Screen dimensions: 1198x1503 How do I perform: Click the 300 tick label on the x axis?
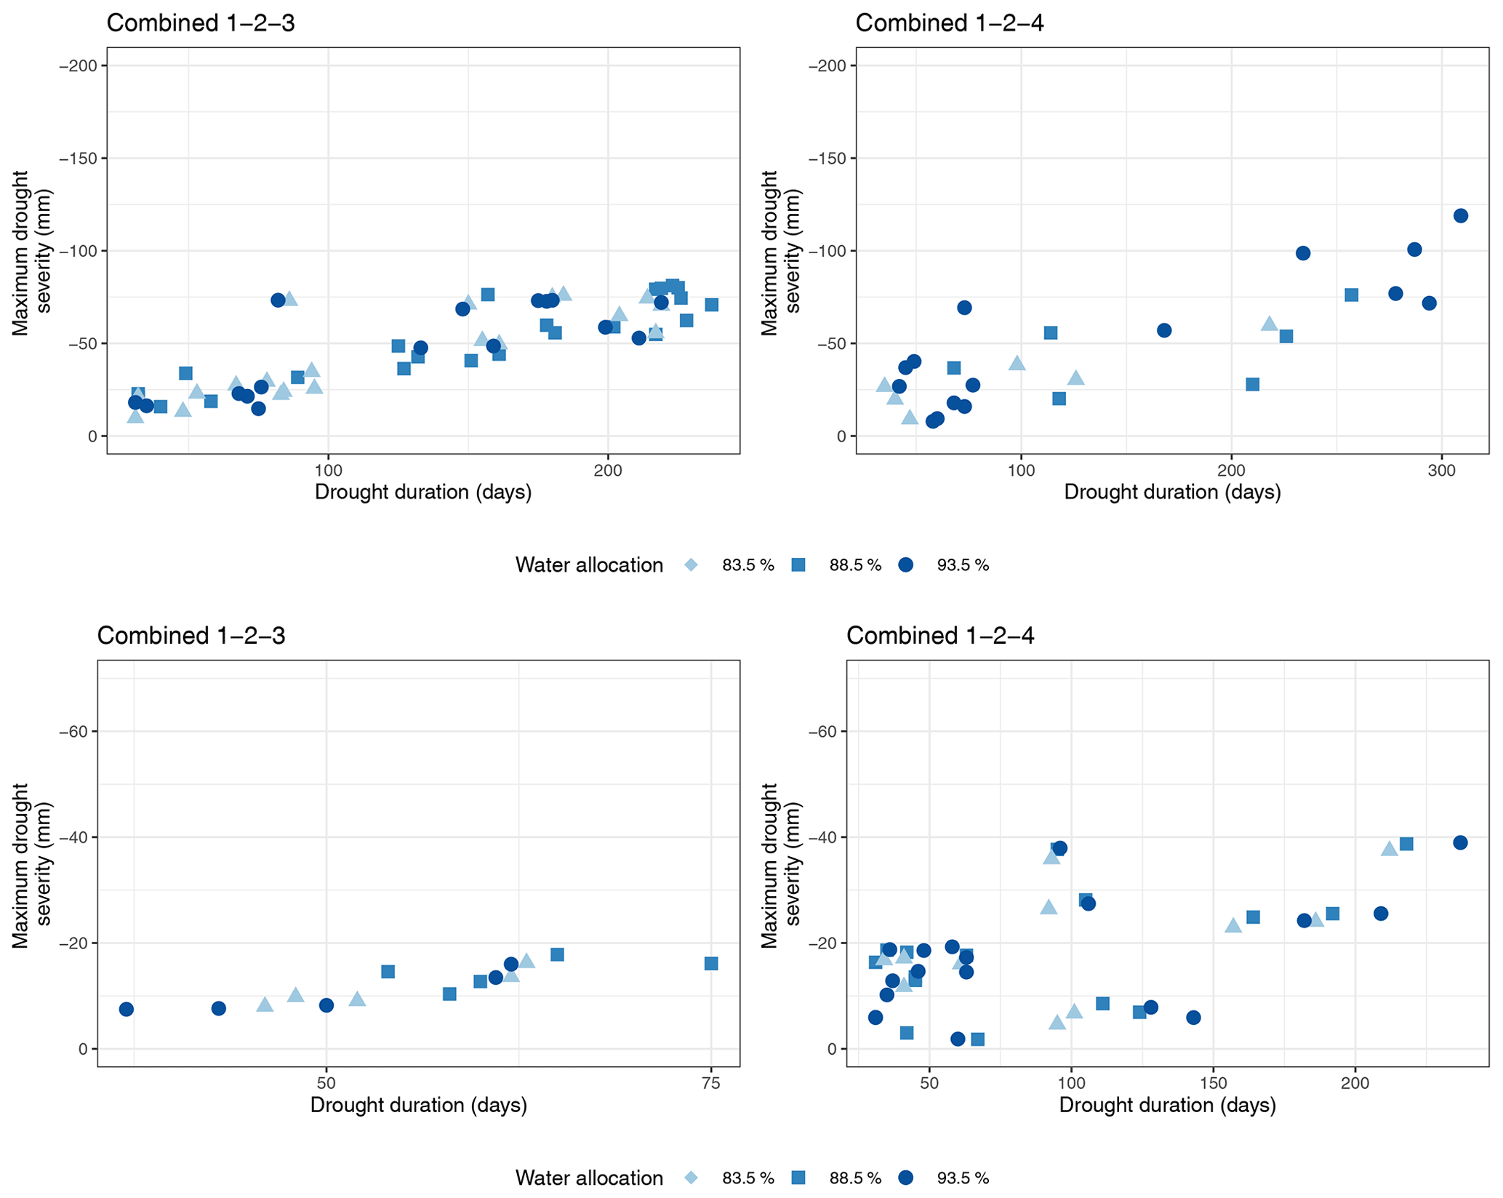(x=1441, y=471)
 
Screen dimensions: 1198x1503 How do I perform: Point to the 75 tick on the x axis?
(x=711, y=1084)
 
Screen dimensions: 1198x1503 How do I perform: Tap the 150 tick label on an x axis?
(x=1213, y=1084)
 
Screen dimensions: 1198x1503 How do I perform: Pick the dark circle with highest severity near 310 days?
(x=1460, y=216)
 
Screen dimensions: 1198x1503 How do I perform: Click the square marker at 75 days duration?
(x=711, y=964)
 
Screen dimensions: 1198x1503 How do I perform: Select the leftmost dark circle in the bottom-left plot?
(x=127, y=1010)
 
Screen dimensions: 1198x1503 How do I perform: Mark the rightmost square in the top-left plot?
(x=712, y=305)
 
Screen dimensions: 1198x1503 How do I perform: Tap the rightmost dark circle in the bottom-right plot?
(x=1460, y=843)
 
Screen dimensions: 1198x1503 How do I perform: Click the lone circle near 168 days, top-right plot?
(x=1164, y=330)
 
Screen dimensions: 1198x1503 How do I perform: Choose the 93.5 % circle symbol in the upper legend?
(x=905, y=565)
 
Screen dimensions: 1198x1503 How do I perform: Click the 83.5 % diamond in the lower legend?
(x=691, y=1178)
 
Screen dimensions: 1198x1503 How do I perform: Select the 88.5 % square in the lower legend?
(x=798, y=1178)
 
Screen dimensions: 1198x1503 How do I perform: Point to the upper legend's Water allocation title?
(x=589, y=565)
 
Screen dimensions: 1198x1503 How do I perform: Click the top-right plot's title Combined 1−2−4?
(x=950, y=23)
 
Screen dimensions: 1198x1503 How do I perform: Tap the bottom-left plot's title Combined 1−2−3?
(x=191, y=636)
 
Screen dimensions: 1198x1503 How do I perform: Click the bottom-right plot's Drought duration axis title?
(x=1168, y=1106)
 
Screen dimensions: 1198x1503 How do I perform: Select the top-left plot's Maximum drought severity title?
(x=33, y=252)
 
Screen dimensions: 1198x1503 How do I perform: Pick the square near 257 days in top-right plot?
(x=1351, y=295)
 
